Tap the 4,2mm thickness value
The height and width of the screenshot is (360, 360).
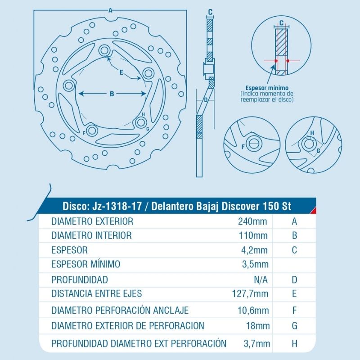pyautogui.click(x=256, y=250)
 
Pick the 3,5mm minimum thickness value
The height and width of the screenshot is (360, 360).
pyautogui.click(x=256, y=264)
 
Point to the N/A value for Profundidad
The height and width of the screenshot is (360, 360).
pyautogui.click(x=261, y=279)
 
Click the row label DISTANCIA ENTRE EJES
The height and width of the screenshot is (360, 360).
pyautogui.click(x=97, y=294)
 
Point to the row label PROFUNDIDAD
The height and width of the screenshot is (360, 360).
pyautogui.click(x=80, y=279)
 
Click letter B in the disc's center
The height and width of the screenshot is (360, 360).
pyautogui.click(x=112, y=94)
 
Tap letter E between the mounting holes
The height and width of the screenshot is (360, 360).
pyautogui.click(x=121, y=72)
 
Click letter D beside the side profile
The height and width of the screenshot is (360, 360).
pyautogui.click(x=206, y=100)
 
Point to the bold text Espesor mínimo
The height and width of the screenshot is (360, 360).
pyautogui.click(x=267, y=88)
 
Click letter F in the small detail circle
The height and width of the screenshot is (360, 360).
pyautogui.click(x=243, y=147)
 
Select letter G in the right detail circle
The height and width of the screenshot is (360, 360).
pyautogui.click(x=318, y=150)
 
